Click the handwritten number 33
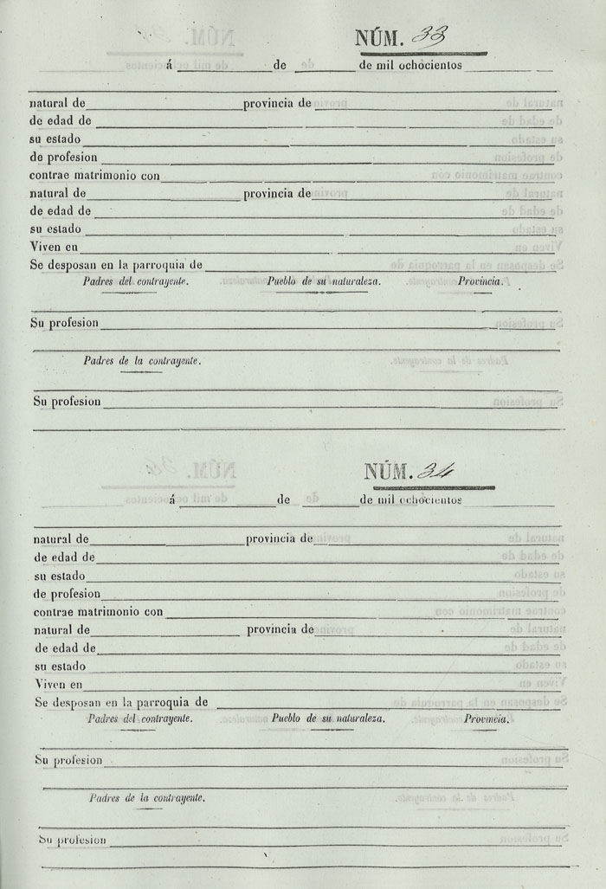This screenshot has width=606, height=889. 429,36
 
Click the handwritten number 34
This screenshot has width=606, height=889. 435,472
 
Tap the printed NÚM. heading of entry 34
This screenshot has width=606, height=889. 386,473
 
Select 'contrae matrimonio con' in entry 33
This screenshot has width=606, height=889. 94,176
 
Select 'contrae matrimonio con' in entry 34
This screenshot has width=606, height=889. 99,612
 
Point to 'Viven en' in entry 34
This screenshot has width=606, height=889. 59,685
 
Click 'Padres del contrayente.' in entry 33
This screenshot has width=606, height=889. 136,281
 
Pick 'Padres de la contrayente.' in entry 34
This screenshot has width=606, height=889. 147,798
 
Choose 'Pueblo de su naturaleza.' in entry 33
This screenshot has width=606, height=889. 324,281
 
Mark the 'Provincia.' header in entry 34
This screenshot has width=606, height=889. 486,718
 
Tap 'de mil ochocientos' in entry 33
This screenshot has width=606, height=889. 410,64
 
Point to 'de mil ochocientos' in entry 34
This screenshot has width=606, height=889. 411,499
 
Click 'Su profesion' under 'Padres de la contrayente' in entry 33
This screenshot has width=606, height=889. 67,402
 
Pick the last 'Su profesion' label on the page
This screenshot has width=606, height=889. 72,840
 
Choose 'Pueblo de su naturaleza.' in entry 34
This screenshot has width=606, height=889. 328,718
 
